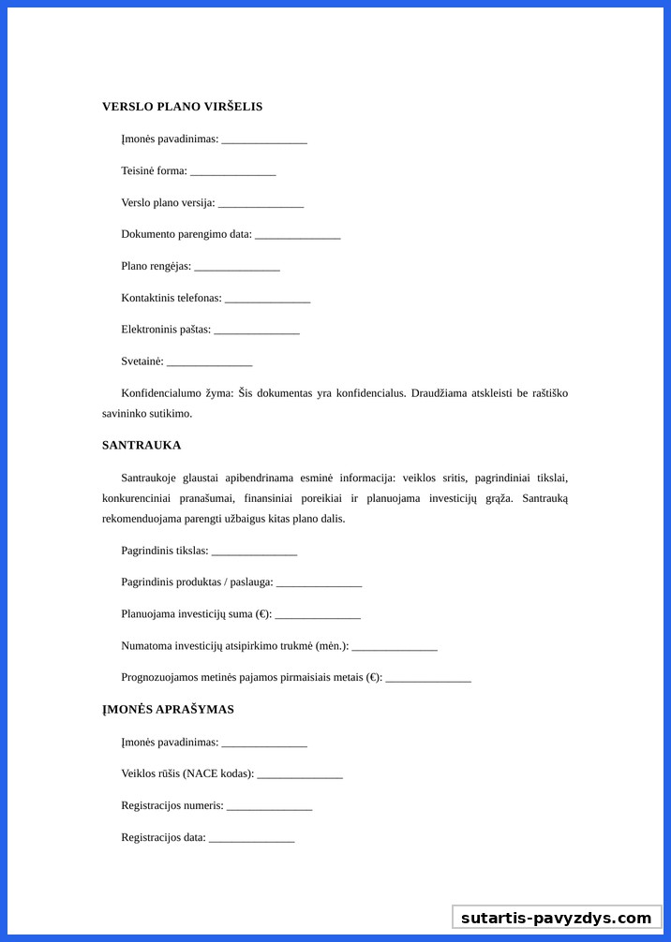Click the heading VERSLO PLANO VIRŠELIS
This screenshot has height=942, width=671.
pyautogui.click(x=182, y=107)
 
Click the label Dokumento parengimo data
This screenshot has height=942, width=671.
pyautogui.click(x=186, y=234)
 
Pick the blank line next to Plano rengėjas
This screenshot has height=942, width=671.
pyautogui.click(x=236, y=268)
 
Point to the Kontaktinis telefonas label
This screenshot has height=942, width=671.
pyautogui.click(x=171, y=298)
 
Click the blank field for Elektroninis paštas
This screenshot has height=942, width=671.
pyautogui.click(x=256, y=331)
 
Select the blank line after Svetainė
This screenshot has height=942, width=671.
pyautogui.click(x=209, y=363)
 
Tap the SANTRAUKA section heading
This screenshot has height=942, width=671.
pyautogui.click(x=142, y=446)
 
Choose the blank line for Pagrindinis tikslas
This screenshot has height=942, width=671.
pyautogui.click(x=254, y=552)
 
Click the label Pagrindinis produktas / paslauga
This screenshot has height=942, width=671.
pyautogui.click(x=197, y=582)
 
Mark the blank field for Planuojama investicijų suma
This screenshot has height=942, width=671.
pyautogui.click(x=318, y=616)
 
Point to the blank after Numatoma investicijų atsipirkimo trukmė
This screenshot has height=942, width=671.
pyautogui.click(x=395, y=648)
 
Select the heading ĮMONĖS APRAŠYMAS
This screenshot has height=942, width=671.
pyautogui.click(x=168, y=710)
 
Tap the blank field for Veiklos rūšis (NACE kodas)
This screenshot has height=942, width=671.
pyautogui.click(x=300, y=775)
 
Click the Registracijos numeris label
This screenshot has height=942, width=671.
pyautogui.click(x=172, y=805)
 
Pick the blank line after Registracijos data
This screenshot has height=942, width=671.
pyautogui.click(x=251, y=839)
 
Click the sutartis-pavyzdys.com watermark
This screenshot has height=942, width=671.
pyautogui.click(x=556, y=918)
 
